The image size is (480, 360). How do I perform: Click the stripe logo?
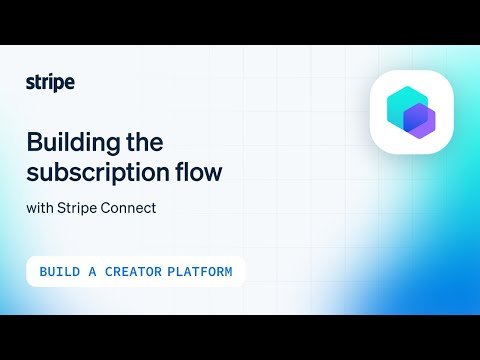[x=50, y=82]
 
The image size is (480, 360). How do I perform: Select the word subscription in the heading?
[x=94, y=171]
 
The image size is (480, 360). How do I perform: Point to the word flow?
[x=196, y=171]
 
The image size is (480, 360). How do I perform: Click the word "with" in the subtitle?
[x=41, y=209]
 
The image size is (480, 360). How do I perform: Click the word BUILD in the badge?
[x=60, y=272]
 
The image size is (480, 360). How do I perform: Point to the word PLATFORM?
[x=201, y=272]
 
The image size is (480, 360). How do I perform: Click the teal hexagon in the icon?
[x=401, y=104]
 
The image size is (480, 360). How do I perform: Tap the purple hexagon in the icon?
[x=418, y=120]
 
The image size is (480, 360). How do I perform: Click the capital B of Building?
[x=33, y=141]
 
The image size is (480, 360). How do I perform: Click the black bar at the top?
[x=240, y=22]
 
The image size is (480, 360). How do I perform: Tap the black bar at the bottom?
[x=240, y=337]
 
